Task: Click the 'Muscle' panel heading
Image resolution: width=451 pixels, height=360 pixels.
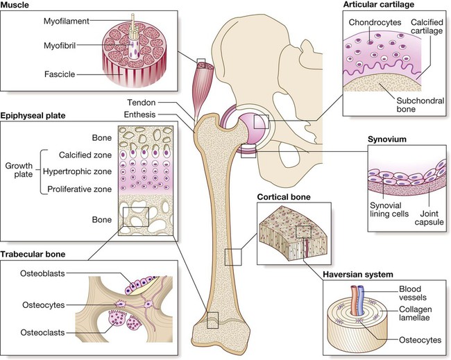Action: pos(19,8)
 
